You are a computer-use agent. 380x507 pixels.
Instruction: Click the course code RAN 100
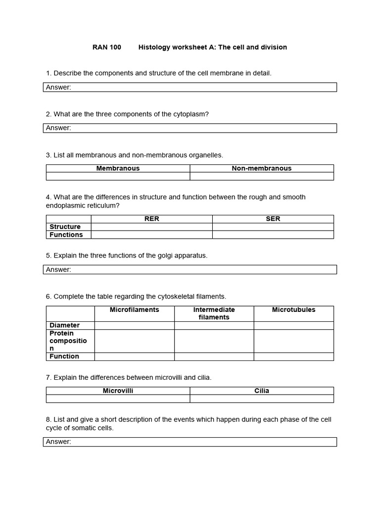point(106,47)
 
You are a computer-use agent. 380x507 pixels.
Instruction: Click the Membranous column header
point(118,168)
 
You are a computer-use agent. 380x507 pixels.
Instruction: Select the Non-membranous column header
point(261,168)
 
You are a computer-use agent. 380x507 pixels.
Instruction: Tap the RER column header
point(151,219)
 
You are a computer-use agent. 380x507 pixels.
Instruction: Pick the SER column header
point(273,219)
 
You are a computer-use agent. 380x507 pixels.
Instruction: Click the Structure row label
point(65,227)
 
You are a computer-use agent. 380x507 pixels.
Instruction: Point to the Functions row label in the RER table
point(66,235)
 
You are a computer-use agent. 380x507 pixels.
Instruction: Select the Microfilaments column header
point(134,310)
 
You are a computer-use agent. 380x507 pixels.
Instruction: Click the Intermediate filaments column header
point(214,313)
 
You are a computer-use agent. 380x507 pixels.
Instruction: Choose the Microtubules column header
point(293,310)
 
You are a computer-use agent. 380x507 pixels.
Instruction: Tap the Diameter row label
point(64,325)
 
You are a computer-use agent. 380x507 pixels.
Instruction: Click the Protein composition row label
point(68,341)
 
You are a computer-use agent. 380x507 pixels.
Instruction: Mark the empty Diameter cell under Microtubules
point(293,325)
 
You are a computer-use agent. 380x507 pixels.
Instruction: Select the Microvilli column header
point(118,391)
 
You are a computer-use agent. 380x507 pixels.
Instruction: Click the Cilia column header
point(261,391)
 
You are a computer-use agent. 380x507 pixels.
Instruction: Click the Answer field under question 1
point(190,87)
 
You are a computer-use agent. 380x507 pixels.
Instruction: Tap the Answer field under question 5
point(190,269)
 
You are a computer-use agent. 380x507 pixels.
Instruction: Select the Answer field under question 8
point(190,442)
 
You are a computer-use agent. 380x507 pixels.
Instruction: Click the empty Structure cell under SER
point(273,227)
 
